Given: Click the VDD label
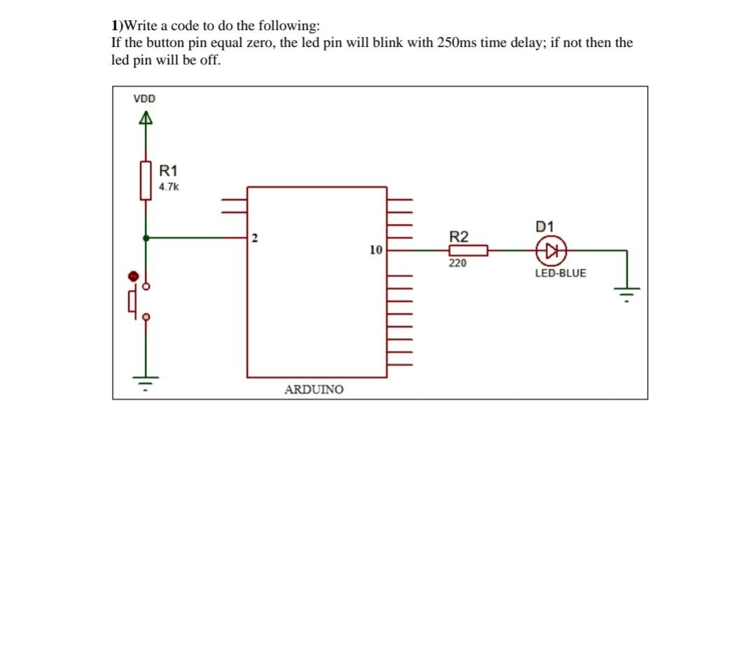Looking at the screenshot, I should [145, 99].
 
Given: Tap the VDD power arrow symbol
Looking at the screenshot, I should [145, 119].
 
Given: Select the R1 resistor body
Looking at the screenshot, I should [146, 180].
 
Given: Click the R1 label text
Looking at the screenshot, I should [169, 170].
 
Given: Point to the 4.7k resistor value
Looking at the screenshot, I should [169, 187].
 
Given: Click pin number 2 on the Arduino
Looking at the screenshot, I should [255, 239].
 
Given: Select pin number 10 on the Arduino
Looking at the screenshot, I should [376, 249].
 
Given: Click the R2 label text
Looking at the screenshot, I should [458, 236].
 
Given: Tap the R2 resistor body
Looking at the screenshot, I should [468, 249].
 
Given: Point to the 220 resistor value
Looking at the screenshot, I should [457, 263].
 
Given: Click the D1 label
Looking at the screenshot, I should [545, 226].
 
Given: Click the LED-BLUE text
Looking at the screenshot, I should [560, 273].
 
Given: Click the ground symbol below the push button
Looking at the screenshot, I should [146, 382].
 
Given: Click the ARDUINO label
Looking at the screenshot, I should [314, 389].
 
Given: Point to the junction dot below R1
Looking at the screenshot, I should [146, 238].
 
